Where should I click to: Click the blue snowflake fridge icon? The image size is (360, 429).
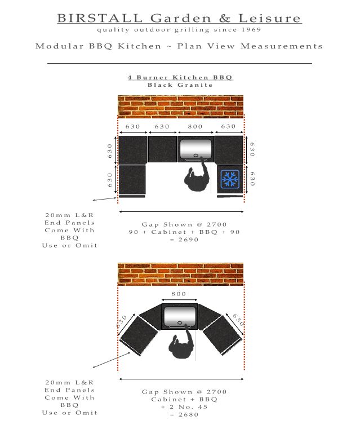tap(230, 179)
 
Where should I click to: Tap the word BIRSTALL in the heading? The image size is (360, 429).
tap(100, 19)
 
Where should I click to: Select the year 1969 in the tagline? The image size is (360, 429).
tap(251, 29)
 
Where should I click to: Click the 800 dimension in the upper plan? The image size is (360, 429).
tap(195, 126)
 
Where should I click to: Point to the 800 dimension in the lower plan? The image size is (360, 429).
tap(179, 294)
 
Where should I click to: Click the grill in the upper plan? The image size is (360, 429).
tap(195, 149)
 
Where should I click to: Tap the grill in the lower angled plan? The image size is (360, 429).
tap(180, 316)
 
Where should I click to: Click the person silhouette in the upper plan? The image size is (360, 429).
tap(197, 175)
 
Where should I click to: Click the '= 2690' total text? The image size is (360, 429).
tap(184, 240)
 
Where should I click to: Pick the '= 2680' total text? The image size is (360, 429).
tap(184, 414)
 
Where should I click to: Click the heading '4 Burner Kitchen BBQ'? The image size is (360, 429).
tap(180, 77)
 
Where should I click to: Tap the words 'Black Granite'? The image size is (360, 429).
tap(180, 85)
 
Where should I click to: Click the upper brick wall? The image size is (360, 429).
tap(180, 107)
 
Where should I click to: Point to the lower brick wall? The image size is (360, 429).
tap(180, 274)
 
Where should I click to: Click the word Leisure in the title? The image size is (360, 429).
tap(270, 19)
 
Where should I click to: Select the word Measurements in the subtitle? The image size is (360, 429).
tap(282, 46)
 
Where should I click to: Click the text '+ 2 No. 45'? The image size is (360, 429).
tap(184, 407)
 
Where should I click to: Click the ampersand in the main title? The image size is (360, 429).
tap(225, 19)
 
